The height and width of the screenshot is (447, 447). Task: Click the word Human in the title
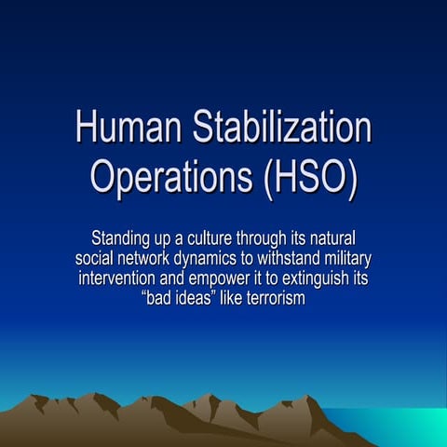[x=126, y=128]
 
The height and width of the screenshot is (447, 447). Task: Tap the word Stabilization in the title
[x=278, y=128]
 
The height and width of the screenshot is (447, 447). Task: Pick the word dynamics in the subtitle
[x=222, y=257]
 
